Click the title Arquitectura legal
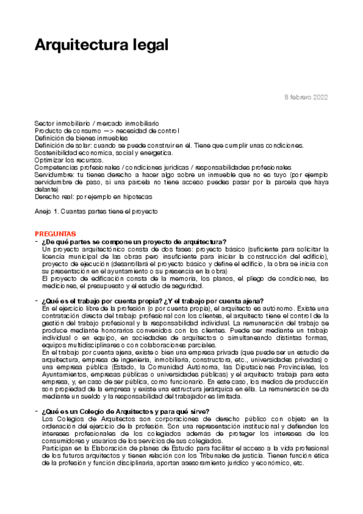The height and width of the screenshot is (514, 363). pyautogui.click(x=101, y=45)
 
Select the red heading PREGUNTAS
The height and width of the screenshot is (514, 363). pyautogui.click(x=55, y=233)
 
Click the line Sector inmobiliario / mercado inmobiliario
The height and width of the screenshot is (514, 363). pyautogui.click(x=96, y=123)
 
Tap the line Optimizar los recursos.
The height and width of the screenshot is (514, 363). pyautogui.click(x=68, y=159)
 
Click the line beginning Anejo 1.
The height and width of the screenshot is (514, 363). pyautogui.click(x=96, y=211)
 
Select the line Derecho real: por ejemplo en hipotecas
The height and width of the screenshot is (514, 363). pyautogui.click(x=93, y=196)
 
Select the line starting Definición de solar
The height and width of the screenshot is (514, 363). pyautogui.click(x=169, y=145)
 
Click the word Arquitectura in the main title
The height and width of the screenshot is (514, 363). pyautogui.click(x=78, y=45)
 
